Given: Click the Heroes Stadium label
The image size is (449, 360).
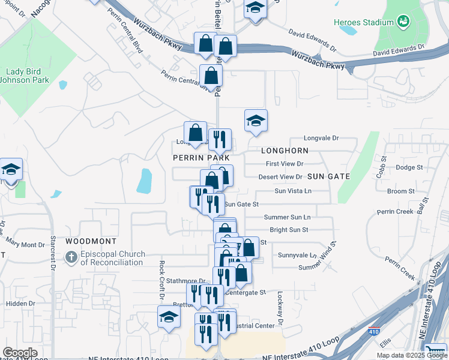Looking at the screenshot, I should pos(363,22).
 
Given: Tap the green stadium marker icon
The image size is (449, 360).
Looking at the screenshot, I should pos(403,22).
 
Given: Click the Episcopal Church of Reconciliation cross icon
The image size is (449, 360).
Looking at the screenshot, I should pos(71,258).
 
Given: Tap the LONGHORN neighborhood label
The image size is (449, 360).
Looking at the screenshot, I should pos(285,151).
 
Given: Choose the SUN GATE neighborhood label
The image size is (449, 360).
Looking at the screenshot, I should pos(328,176).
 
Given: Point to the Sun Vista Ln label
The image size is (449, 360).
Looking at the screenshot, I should pos(293,191).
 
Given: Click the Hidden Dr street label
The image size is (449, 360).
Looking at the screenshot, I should pos(20,304).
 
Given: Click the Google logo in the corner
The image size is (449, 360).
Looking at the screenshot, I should pos(20,352).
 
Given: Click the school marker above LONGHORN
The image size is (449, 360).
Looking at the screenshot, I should pos(256,121).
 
